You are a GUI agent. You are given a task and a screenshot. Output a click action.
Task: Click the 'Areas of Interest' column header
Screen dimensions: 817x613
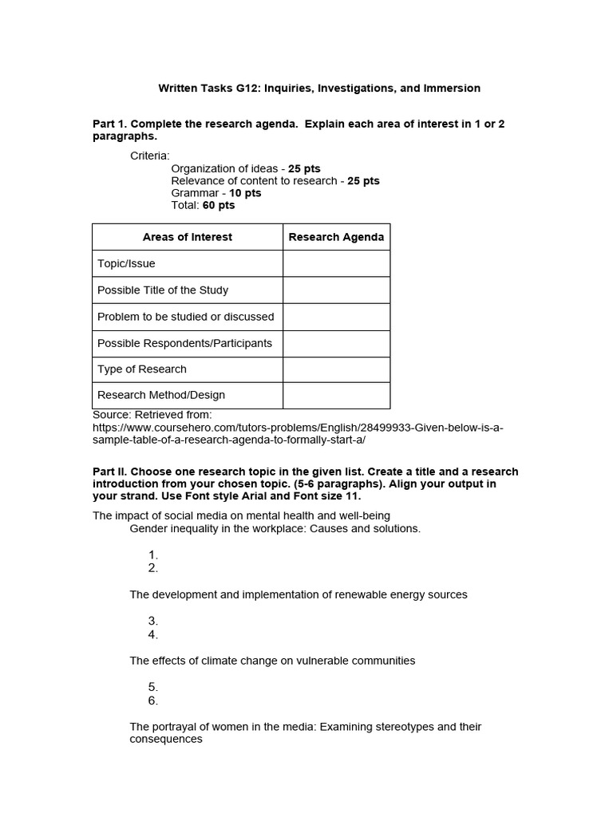[x=188, y=237]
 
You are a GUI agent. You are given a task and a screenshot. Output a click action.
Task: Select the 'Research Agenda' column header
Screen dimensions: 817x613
[x=336, y=237]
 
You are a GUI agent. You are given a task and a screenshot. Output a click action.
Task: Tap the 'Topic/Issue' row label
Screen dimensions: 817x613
[x=126, y=263]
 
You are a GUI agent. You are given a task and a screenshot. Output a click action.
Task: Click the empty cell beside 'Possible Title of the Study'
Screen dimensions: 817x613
[x=336, y=290]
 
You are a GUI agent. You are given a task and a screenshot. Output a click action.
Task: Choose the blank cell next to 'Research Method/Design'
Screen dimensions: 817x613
[x=336, y=395]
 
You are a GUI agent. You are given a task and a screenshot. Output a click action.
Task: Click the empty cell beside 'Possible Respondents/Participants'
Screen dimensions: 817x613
[x=336, y=343]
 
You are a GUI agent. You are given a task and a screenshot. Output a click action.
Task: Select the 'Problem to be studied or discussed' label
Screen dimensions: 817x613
[x=185, y=317]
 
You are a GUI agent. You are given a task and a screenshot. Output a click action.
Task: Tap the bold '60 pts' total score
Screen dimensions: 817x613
[x=219, y=205]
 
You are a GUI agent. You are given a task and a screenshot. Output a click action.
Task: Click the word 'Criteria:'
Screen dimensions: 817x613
[x=150, y=156]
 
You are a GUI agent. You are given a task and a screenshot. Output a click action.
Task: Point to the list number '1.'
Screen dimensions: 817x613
[x=153, y=555]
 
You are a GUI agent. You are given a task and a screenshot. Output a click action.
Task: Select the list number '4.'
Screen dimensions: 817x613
[x=153, y=635]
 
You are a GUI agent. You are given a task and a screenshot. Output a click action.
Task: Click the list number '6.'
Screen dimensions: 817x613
[x=153, y=701]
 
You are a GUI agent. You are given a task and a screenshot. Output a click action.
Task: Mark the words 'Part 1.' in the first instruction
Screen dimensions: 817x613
[x=109, y=124]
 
